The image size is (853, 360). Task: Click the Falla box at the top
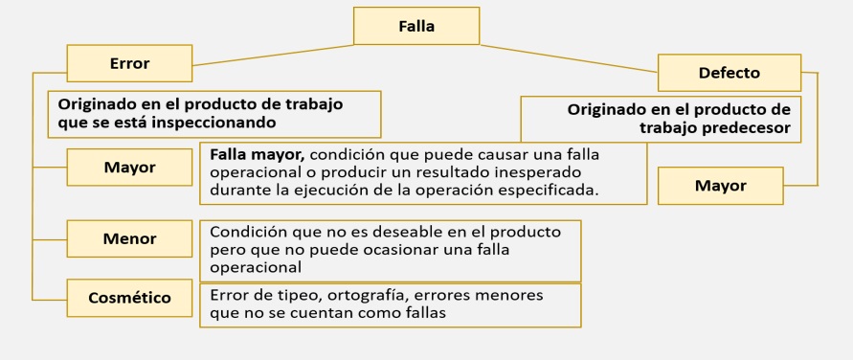[x=416, y=26]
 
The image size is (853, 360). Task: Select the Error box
[x=129, y=63]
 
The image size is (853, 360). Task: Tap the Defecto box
[x=729, y=73]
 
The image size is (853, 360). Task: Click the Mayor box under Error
[x=129, y=167]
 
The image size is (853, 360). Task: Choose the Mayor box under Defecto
[x=720, y=186]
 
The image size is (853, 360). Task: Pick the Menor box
[x=129, y=238]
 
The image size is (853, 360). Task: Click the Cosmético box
[x=129, y=298]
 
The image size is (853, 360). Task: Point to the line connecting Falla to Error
[x=273, y=56]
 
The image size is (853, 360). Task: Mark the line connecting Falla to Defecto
[x=569, y=58]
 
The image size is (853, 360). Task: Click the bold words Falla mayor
[x=258, y=155]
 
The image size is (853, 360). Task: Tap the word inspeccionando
[x=213, y=123]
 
